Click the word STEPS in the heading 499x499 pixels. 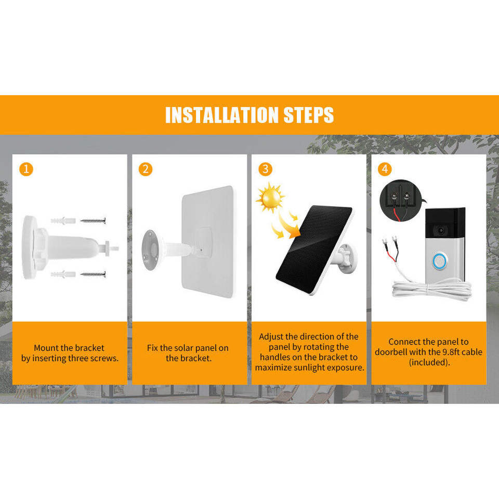coord(308,115)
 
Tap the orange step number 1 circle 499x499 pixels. coord(26,169)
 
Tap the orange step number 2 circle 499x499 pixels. coord(146,169)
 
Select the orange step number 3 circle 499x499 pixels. coord(265,169)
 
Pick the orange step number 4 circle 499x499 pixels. coord(385,169)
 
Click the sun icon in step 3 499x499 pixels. coord(270,198)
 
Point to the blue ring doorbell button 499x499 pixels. coord(440,261)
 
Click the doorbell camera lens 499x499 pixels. coord(441,230)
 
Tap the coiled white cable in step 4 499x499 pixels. coord(432,290)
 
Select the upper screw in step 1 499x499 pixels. coord(93,220)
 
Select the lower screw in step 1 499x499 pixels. coord(93,274)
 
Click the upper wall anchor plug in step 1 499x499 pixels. coord(63,220)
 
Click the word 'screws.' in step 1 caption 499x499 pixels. coord(104,358)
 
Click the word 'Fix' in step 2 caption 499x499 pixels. coord(152,348)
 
